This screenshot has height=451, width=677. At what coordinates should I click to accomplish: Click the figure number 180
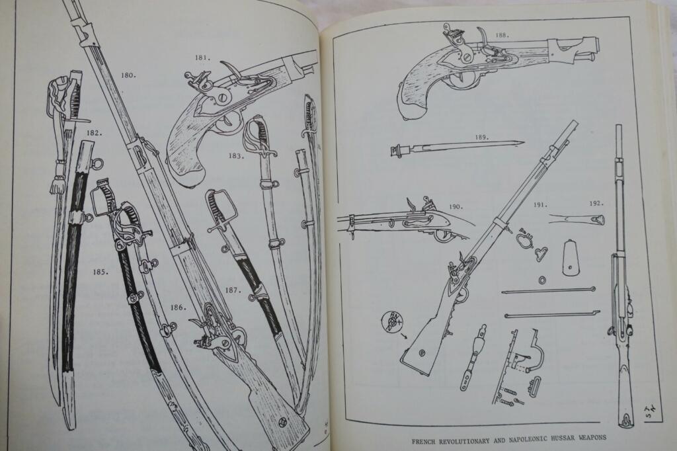pos(128,75)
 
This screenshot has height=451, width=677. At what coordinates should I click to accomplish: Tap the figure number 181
pos(203,58)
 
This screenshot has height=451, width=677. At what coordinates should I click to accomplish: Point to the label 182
pos(94,133)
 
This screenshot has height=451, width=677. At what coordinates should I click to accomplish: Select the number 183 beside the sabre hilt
pos(236,155)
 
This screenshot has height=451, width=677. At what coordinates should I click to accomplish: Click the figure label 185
pos(100,272)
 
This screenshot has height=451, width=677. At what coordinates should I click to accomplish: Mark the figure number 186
pos(179,307)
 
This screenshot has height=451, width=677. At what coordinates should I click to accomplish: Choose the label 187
pos(232,290)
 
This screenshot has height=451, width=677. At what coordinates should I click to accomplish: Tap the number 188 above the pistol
pos(502,36)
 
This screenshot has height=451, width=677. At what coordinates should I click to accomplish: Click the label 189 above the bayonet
pos(482,138)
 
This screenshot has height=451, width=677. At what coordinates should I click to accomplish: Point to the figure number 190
pos(456,206)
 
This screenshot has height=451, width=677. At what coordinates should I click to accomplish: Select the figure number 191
pos(540,205)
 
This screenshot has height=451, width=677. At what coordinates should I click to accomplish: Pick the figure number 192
pos(596,203)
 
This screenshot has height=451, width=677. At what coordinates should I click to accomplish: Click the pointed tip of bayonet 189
pos(524,142)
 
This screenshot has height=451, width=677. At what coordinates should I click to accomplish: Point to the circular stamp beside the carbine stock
pos(390,322)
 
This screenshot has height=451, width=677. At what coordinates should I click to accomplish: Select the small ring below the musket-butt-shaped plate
pos(542,280)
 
